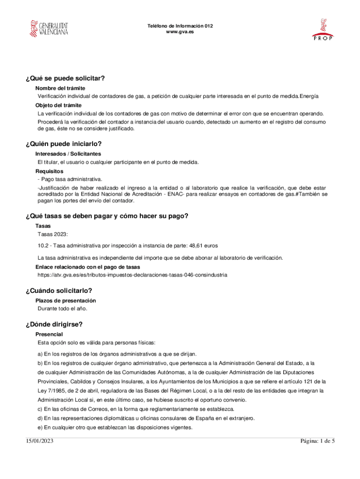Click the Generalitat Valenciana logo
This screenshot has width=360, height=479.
(x=49, y=29)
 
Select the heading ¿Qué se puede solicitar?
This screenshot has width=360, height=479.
(x=65, y=78)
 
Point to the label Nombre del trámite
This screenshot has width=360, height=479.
(x=60, y=88)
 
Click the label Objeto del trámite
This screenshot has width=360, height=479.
(x=58, y=105)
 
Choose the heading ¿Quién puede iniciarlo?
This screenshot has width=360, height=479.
(x=64, y=144)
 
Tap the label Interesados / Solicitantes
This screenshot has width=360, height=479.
(x=68, y=154)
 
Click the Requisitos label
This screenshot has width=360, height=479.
(x=50, y=171)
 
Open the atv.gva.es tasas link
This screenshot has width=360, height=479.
(x=132, y=275)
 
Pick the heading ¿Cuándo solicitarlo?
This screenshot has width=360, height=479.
(x=59, y=290)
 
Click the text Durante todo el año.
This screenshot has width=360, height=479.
(x=62, y=308)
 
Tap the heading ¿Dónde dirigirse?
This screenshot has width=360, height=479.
(x=55, y=324)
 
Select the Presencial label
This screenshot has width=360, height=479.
(x=50, y=334)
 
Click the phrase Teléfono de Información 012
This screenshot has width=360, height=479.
(x=180, y=26)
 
